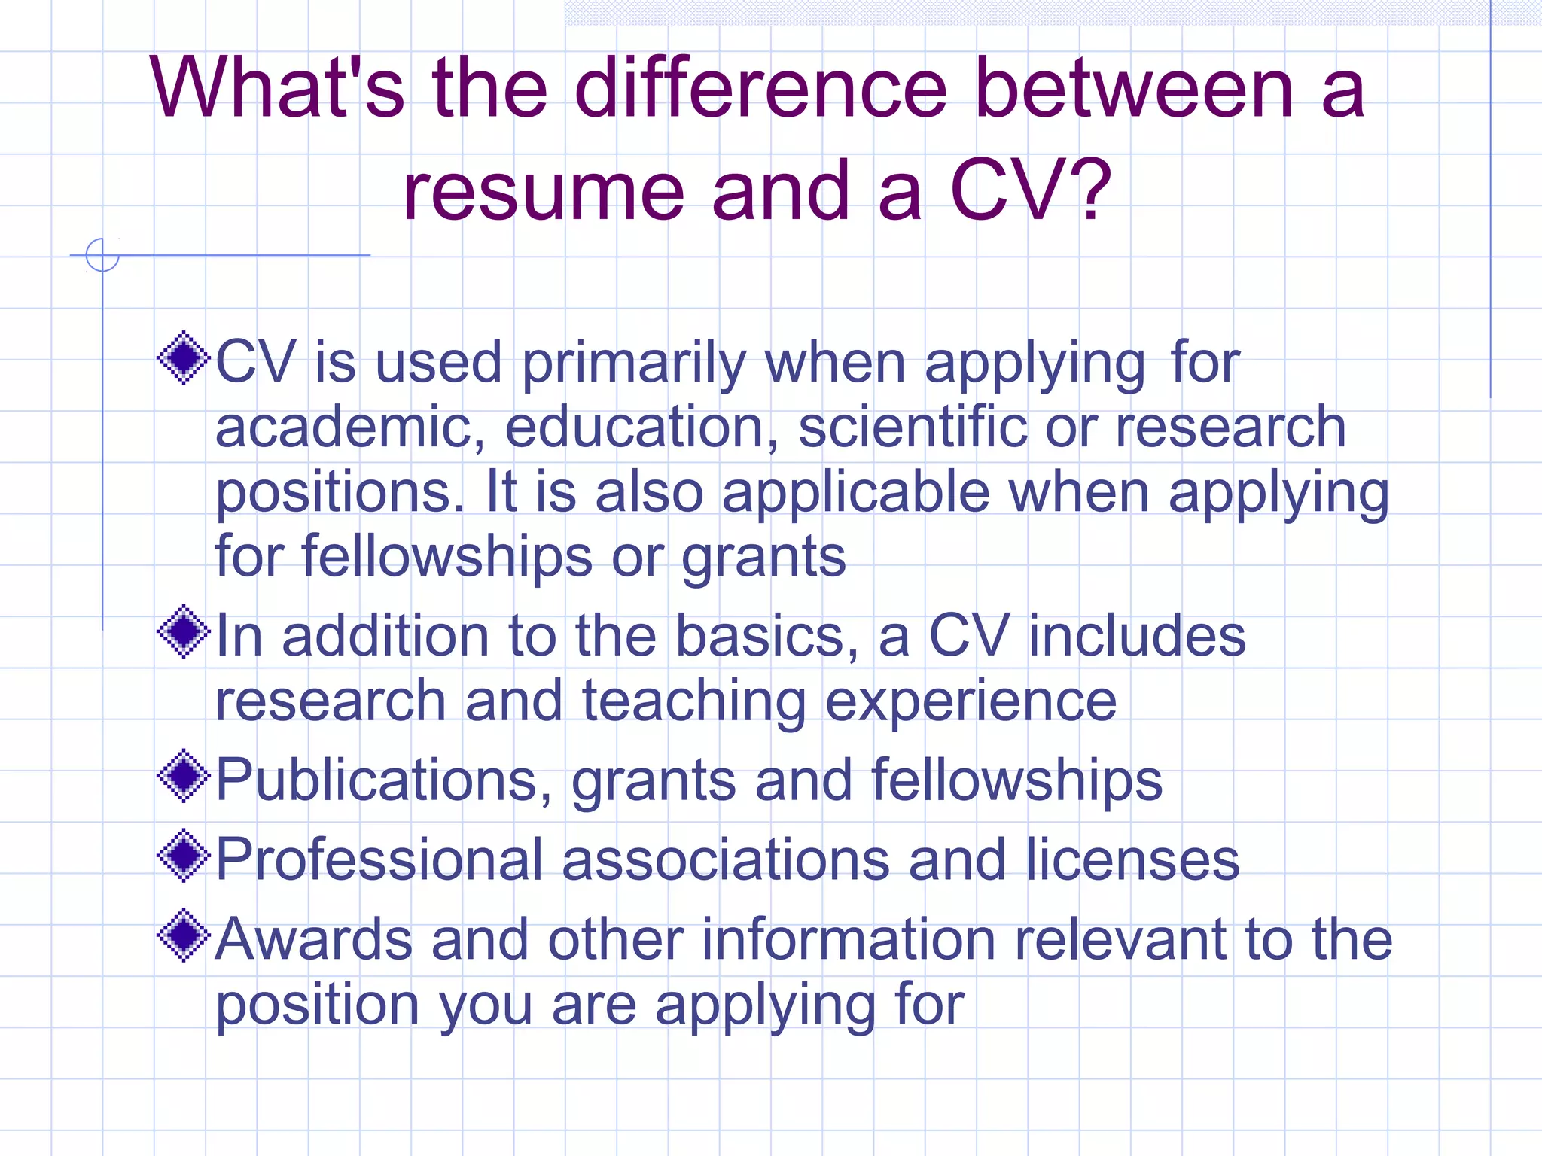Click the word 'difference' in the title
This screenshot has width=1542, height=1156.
point(760,89)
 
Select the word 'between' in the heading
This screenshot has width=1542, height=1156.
point(1133,89)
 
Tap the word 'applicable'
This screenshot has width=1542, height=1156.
point(855,492)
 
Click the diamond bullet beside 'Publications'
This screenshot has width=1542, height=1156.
point(183,776)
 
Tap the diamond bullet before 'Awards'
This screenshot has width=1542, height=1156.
point(183,935)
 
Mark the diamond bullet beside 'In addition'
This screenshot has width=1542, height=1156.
point(183,632)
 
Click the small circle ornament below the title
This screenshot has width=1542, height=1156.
point(102,255)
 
